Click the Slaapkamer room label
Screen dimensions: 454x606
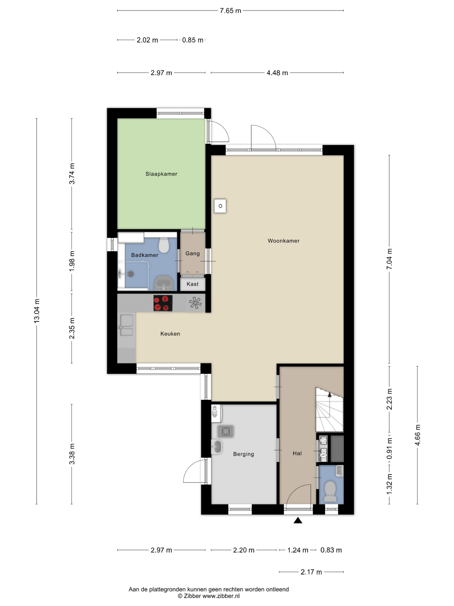(161, 174)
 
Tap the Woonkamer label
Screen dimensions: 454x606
(284, 241)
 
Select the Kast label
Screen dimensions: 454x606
(192, 284)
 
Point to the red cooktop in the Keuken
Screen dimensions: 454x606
(163, 303)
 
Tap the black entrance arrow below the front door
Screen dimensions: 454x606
(298, 520)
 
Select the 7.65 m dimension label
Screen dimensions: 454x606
(230, 11)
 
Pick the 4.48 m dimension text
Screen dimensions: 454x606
(277, 73)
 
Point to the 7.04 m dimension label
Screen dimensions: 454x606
(389, 259)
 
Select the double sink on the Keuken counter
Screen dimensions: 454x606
(127, 325)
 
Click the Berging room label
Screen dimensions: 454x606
(243, 454)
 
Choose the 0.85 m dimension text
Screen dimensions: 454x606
(193, 40)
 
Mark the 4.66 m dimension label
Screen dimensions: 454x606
(418, 435)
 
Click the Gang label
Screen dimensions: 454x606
(192, 254)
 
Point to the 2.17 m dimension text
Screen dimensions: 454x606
(311, 572)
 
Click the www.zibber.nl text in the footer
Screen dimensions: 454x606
(221, 596)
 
